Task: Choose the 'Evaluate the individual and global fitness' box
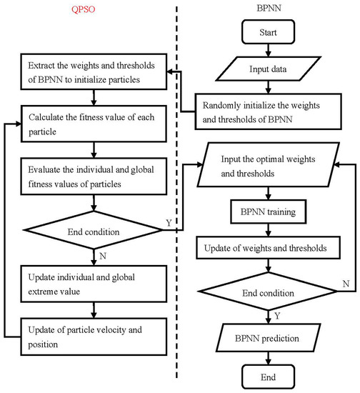click(95, 175)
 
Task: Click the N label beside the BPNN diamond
click(346, 284)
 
